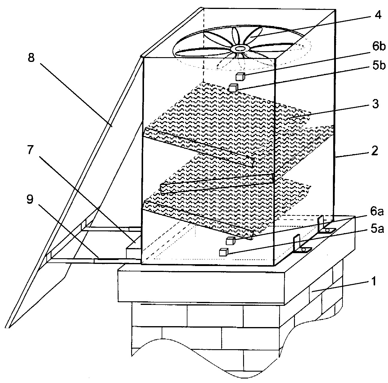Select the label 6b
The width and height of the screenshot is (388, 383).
pos(379,47)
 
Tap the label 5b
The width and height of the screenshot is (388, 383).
pos(379,66)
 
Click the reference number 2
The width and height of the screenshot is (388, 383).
pos(375,151)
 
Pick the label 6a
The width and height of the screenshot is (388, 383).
pos(377,212)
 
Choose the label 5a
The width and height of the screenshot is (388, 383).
pos(377,229)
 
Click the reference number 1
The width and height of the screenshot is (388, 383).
pos(374,281)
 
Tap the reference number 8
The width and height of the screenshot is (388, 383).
pos(31,57)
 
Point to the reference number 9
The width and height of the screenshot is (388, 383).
pos(30,200)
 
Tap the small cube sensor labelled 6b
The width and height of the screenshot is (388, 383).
pos(240,77)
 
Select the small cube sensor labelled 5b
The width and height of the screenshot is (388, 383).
pos(234,88)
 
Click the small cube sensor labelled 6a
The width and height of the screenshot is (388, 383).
pos(231,241)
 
